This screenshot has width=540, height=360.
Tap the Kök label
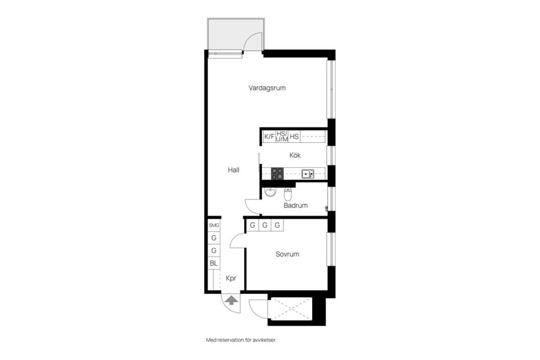click(x=295, y=155)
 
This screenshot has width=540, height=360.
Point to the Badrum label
click(x=295, y=205)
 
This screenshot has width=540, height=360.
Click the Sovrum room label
click(x=287, y=254)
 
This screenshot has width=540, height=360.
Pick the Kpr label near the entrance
click(x=231, y=278)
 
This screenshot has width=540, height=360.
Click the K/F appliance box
click(x=269, y=137)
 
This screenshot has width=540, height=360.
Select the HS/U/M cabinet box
click(x=282, y=136)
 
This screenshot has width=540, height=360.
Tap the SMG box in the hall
click(x=214, y=225)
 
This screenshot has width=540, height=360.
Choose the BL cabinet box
click(x=214, y=263)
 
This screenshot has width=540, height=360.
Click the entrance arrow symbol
click(x=231, y=301)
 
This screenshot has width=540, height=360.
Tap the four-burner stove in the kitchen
click(x=277, y=174)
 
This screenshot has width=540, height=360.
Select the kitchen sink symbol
click(x=307, y=174)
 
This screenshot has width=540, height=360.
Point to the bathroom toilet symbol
click(x=288, y=195)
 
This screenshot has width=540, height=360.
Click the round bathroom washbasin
click(x=270, y=193)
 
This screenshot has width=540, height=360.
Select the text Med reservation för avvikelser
click(x=241, y=340)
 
